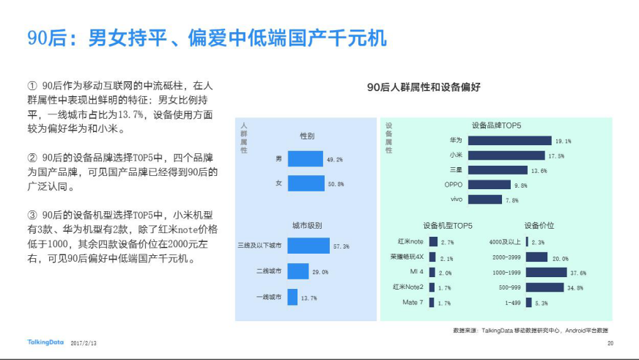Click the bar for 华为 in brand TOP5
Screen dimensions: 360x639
click(x=509, y=140)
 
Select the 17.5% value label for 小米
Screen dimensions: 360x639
click(x=556, y=155)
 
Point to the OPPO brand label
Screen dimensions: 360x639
click(x=454, y=185)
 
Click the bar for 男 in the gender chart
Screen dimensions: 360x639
click(x=306, y=159)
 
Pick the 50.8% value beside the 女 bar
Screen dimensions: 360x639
click(x=336, y=184)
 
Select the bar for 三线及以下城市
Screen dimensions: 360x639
click(x=309, y=246)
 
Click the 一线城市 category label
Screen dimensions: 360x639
click(x=268, y=298)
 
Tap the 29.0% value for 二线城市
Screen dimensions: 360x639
click(x=320, y=272)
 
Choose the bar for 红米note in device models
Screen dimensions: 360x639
click(x=433, y=241)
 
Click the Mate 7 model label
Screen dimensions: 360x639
click(x=412, y=302)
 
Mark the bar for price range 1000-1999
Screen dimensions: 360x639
click(x=546, y=272)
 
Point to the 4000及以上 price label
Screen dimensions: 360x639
click(x=506, y=241)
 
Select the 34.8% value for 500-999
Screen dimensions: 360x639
click(x=575, y=287)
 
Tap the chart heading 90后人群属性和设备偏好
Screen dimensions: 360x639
click(x=424, y=87)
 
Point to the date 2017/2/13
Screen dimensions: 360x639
click(x=84, y=342)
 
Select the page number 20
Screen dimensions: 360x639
click(x=610, y=342)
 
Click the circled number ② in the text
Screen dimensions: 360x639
click(x=32, y=158)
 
